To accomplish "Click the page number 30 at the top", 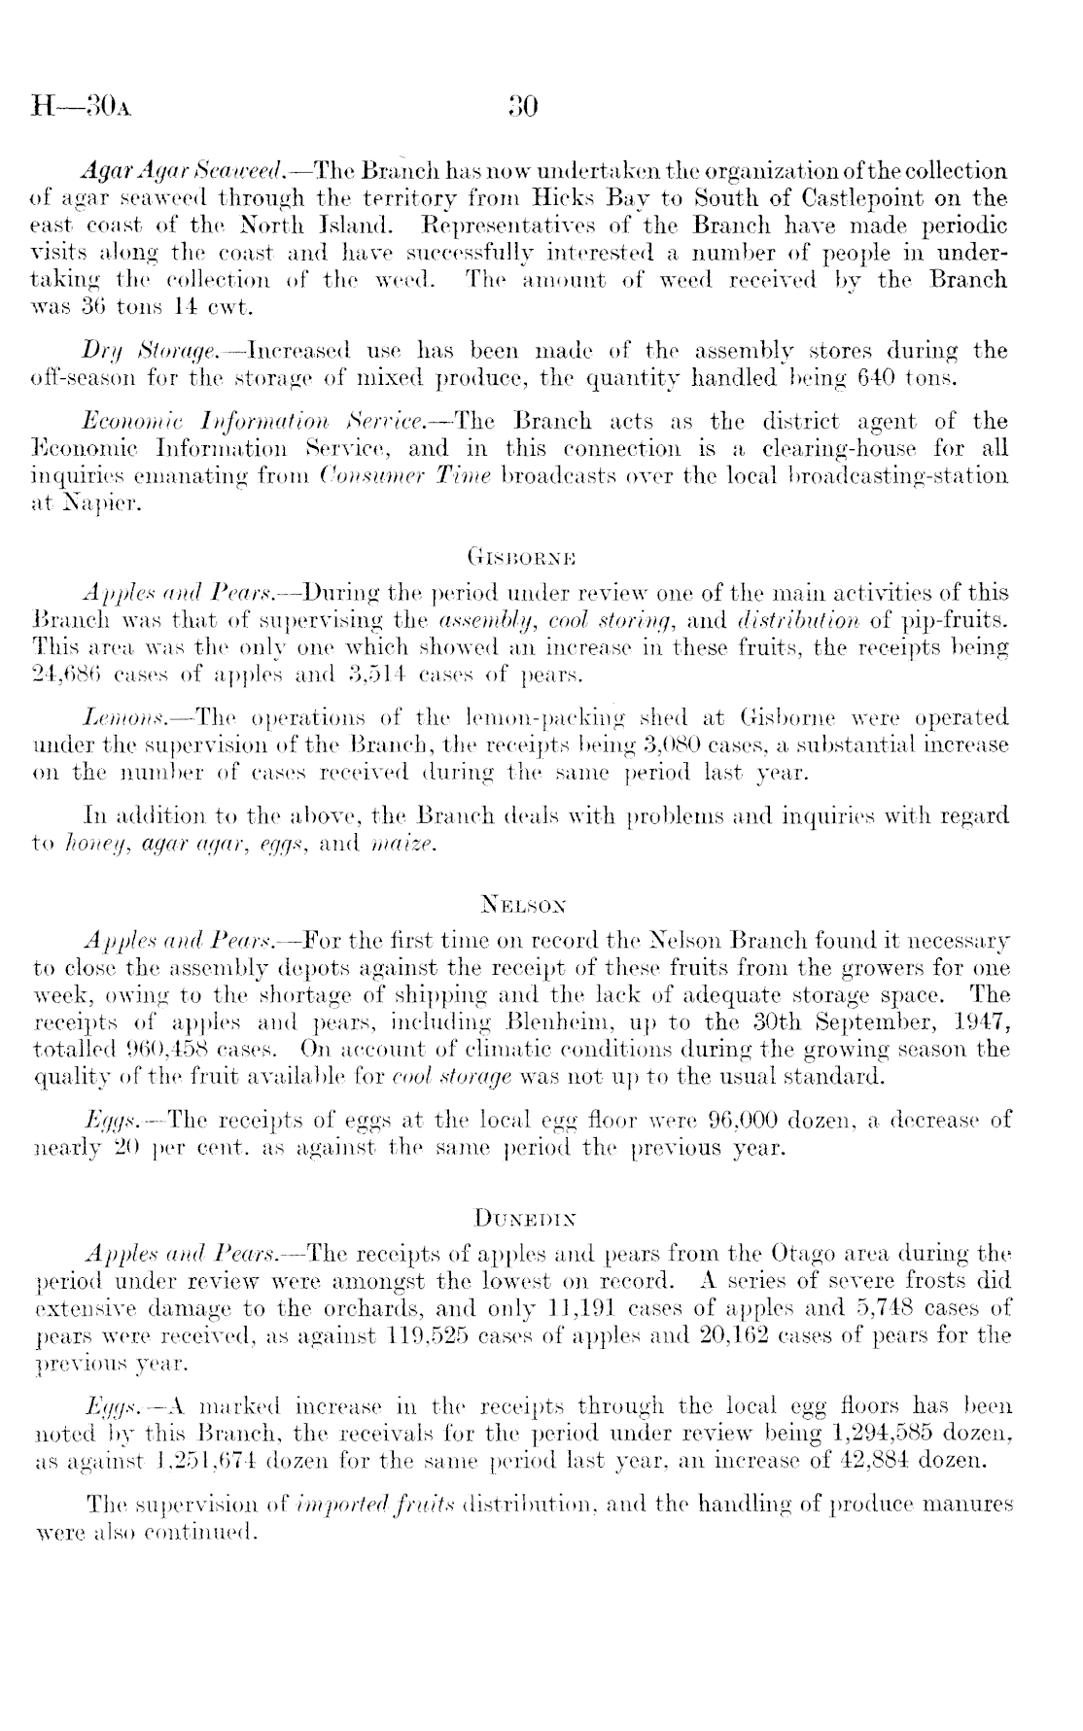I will point(523,105).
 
